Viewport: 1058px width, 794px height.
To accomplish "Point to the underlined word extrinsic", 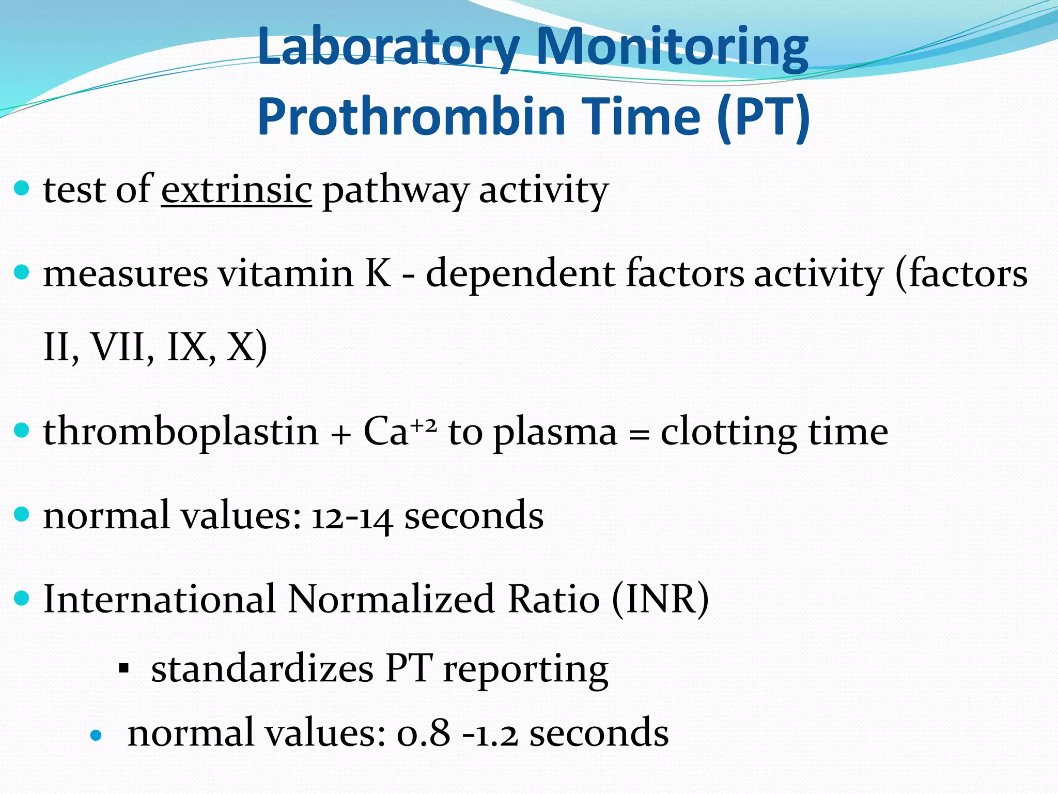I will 236,190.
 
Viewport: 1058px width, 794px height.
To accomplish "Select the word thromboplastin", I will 181,432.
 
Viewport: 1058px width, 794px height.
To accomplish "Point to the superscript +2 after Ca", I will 424,425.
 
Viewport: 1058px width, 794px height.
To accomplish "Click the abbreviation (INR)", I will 660,600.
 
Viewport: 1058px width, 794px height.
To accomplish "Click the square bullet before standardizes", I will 123,670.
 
